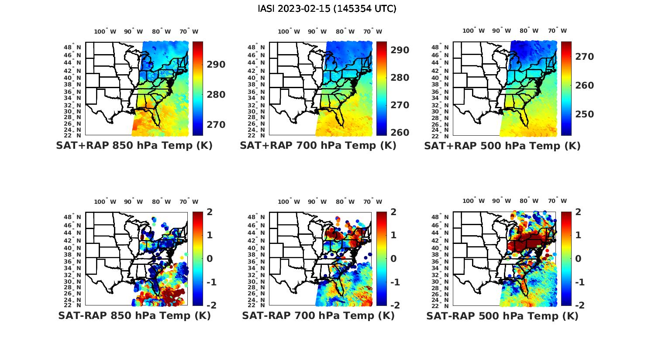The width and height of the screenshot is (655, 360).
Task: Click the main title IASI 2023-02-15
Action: (327, 9)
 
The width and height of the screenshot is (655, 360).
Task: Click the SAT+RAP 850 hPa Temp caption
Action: (134, 146)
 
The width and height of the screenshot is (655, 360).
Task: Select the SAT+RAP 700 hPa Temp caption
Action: (318, 146)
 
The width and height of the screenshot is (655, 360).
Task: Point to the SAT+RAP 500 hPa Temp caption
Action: (502, 146)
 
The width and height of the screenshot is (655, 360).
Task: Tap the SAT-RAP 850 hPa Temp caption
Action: (134, 315)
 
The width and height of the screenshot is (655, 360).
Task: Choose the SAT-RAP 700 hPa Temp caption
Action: (318, 315)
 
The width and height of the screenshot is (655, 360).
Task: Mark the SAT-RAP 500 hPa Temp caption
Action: (502, 315)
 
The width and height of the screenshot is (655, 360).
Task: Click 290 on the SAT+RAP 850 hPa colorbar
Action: (216, 65)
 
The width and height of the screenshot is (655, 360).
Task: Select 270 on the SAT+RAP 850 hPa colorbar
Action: (216, 125)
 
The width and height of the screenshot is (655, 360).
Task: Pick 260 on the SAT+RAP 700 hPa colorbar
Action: (400, 132)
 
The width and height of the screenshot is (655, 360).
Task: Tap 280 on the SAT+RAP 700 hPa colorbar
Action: (400, 78)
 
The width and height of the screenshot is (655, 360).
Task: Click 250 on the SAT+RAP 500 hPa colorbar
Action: (584, 114)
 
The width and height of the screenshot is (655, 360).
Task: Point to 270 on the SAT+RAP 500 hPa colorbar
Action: (584, 57)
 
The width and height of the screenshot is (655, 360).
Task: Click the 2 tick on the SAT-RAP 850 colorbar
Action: (210, 213)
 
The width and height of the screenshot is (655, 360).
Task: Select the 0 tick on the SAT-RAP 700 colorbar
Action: (393, 258)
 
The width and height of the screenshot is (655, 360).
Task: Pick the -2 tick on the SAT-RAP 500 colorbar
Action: (578, 305)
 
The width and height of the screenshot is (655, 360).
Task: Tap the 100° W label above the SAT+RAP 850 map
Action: (105, 31)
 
